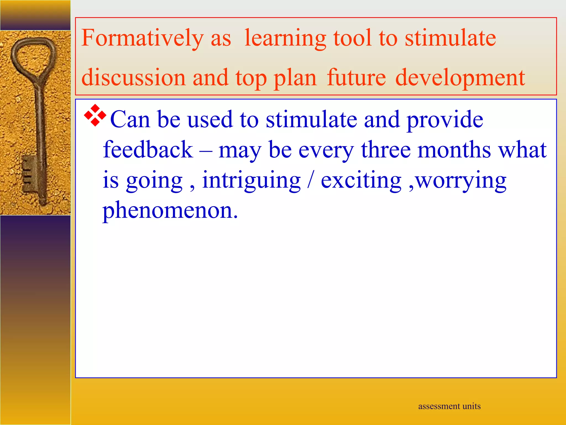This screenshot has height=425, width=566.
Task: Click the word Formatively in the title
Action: point(142,38)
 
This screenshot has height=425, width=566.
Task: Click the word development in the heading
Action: point(460,78)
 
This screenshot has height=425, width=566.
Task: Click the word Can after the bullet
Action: point(130,120)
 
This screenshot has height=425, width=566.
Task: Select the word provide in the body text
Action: point(445,120)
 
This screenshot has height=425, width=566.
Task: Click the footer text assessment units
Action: point(449,406)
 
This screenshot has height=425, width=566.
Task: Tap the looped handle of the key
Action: point(33,55)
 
